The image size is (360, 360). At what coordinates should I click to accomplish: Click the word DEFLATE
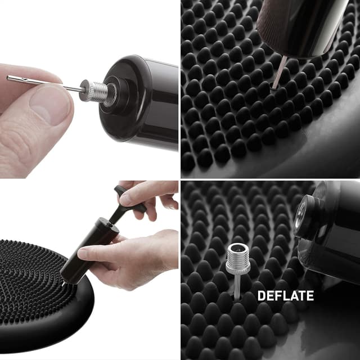pos(285,295)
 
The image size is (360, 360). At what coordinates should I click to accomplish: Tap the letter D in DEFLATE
pos(262,295)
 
